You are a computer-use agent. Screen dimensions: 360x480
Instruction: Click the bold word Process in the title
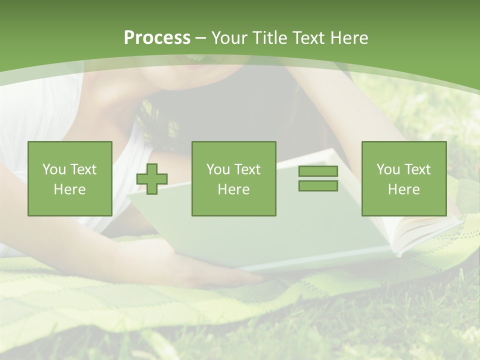[157, 38]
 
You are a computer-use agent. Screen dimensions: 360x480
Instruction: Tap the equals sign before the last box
[318, 178]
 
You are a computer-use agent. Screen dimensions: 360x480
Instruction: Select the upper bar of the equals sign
[318, 171]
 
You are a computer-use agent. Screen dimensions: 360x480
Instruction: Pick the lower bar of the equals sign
[318, 185]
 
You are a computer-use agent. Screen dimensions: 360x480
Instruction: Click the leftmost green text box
[69, 178]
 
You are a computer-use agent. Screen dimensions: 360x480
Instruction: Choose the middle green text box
[233, 178]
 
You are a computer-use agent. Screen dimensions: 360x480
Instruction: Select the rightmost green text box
[403, 178]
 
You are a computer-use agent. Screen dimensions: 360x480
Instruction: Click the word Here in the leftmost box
[69, 189]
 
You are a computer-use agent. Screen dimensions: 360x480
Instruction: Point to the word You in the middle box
[218, 169]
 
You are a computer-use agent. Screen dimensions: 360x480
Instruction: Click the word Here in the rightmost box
[403, 189]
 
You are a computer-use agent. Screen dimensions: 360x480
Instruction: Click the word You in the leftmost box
[54, 169]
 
